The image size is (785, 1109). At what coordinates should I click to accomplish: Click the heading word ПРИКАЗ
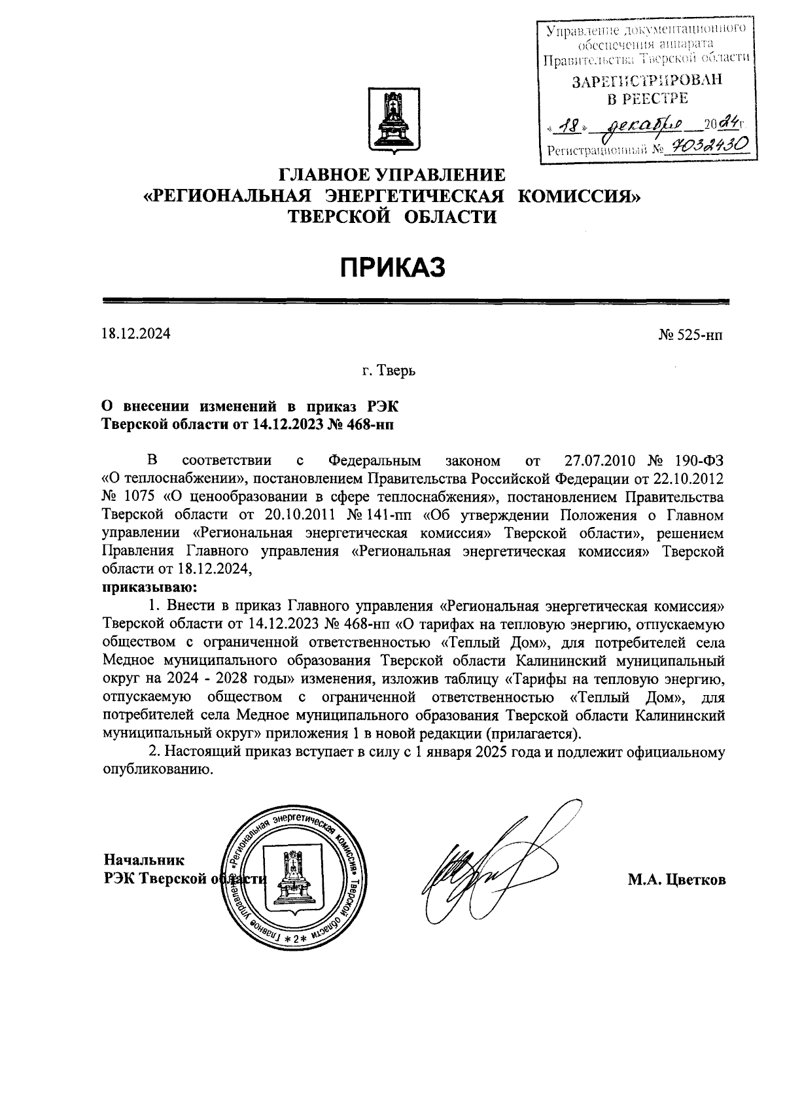[x=392, y=267]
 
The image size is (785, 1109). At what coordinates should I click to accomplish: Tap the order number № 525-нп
[x=690, y=335]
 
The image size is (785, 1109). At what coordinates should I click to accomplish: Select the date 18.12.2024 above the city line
[x=135, y=334]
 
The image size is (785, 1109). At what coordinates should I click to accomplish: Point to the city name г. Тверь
[x=390, y=371]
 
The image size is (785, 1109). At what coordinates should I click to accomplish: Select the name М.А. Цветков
[x=677, y=880]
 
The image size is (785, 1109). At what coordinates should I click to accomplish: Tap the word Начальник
[x=144, y=859]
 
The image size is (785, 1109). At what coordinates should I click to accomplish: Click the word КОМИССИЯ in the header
[x=578, y=196]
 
